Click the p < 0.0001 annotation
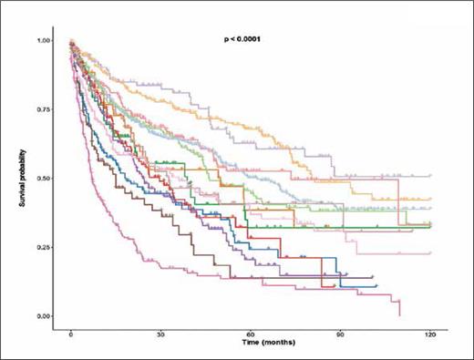click(250, 40)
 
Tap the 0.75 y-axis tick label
click(44, 109)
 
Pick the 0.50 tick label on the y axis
click(44, 179)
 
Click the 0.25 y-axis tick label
click(44, 247)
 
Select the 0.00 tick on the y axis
click(44, 315)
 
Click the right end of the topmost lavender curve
click(430, 175)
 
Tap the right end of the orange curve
click(430, 199)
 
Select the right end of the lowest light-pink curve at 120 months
click(430, 252)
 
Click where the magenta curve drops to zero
click(400, 314)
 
